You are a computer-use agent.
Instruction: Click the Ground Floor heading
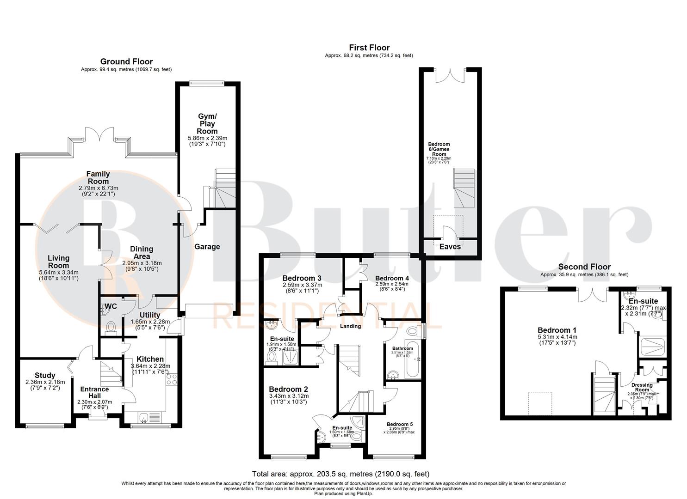(x=126, y=61)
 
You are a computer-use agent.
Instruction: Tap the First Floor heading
(x=369, y=48)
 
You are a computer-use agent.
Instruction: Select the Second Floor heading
(x=584, y=267)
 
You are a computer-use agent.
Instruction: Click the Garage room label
(x=207, y=247)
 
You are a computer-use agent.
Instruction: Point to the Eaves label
(x=450, y=247)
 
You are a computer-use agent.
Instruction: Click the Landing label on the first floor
(x=350, y=326)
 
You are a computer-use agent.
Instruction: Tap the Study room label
(x=45, y=375)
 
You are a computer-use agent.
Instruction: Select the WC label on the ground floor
(x=111, y=306)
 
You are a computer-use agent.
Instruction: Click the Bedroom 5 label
(x=399, y=424)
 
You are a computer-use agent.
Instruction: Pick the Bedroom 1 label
(x=557, y=330)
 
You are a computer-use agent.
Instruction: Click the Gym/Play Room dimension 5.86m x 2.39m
(x=207, y=138)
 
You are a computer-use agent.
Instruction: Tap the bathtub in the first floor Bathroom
(x=413, y=359)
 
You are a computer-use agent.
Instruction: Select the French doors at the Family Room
(x=99, y=135)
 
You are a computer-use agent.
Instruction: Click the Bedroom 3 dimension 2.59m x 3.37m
(x=303, y=285)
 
